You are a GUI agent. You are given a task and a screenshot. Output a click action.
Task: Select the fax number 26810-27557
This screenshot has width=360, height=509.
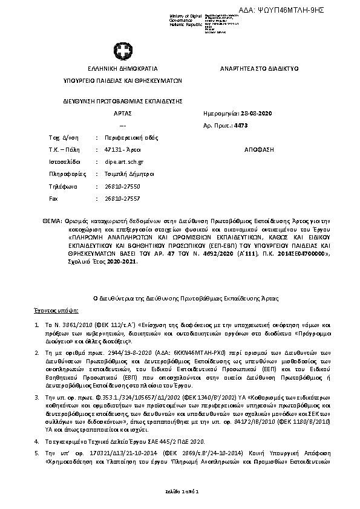pos(122,198)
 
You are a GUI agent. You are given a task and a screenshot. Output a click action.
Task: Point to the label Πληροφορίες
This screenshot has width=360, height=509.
pos(64,174)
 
